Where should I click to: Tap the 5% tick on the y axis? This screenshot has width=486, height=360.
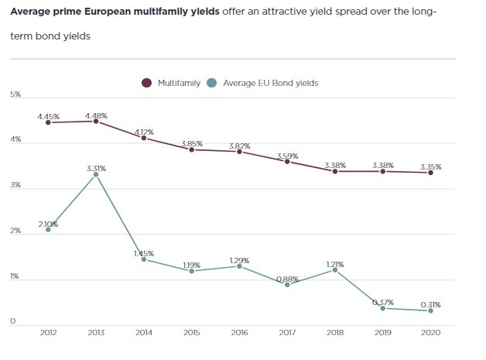(x=15, y=94)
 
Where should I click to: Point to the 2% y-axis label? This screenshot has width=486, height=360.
(x=15, y=231)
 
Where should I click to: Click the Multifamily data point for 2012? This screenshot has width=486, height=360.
(x=48, y=122)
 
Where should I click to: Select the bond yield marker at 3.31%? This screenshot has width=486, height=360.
(x=96, y=174)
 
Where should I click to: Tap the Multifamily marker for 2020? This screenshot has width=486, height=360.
(x=430, y=173)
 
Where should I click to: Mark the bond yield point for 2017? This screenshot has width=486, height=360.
(x=287, y=285)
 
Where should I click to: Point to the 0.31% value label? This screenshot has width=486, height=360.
(x=430, y=303)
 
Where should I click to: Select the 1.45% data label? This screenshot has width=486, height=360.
(x=143, y=253)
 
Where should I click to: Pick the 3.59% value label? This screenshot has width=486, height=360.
(x=287, y=156)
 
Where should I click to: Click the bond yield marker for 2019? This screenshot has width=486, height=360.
(x=382, y=308)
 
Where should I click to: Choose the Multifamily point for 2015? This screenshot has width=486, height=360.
(x=191, y=149)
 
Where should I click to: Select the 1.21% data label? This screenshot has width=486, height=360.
(x=335, y=264)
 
